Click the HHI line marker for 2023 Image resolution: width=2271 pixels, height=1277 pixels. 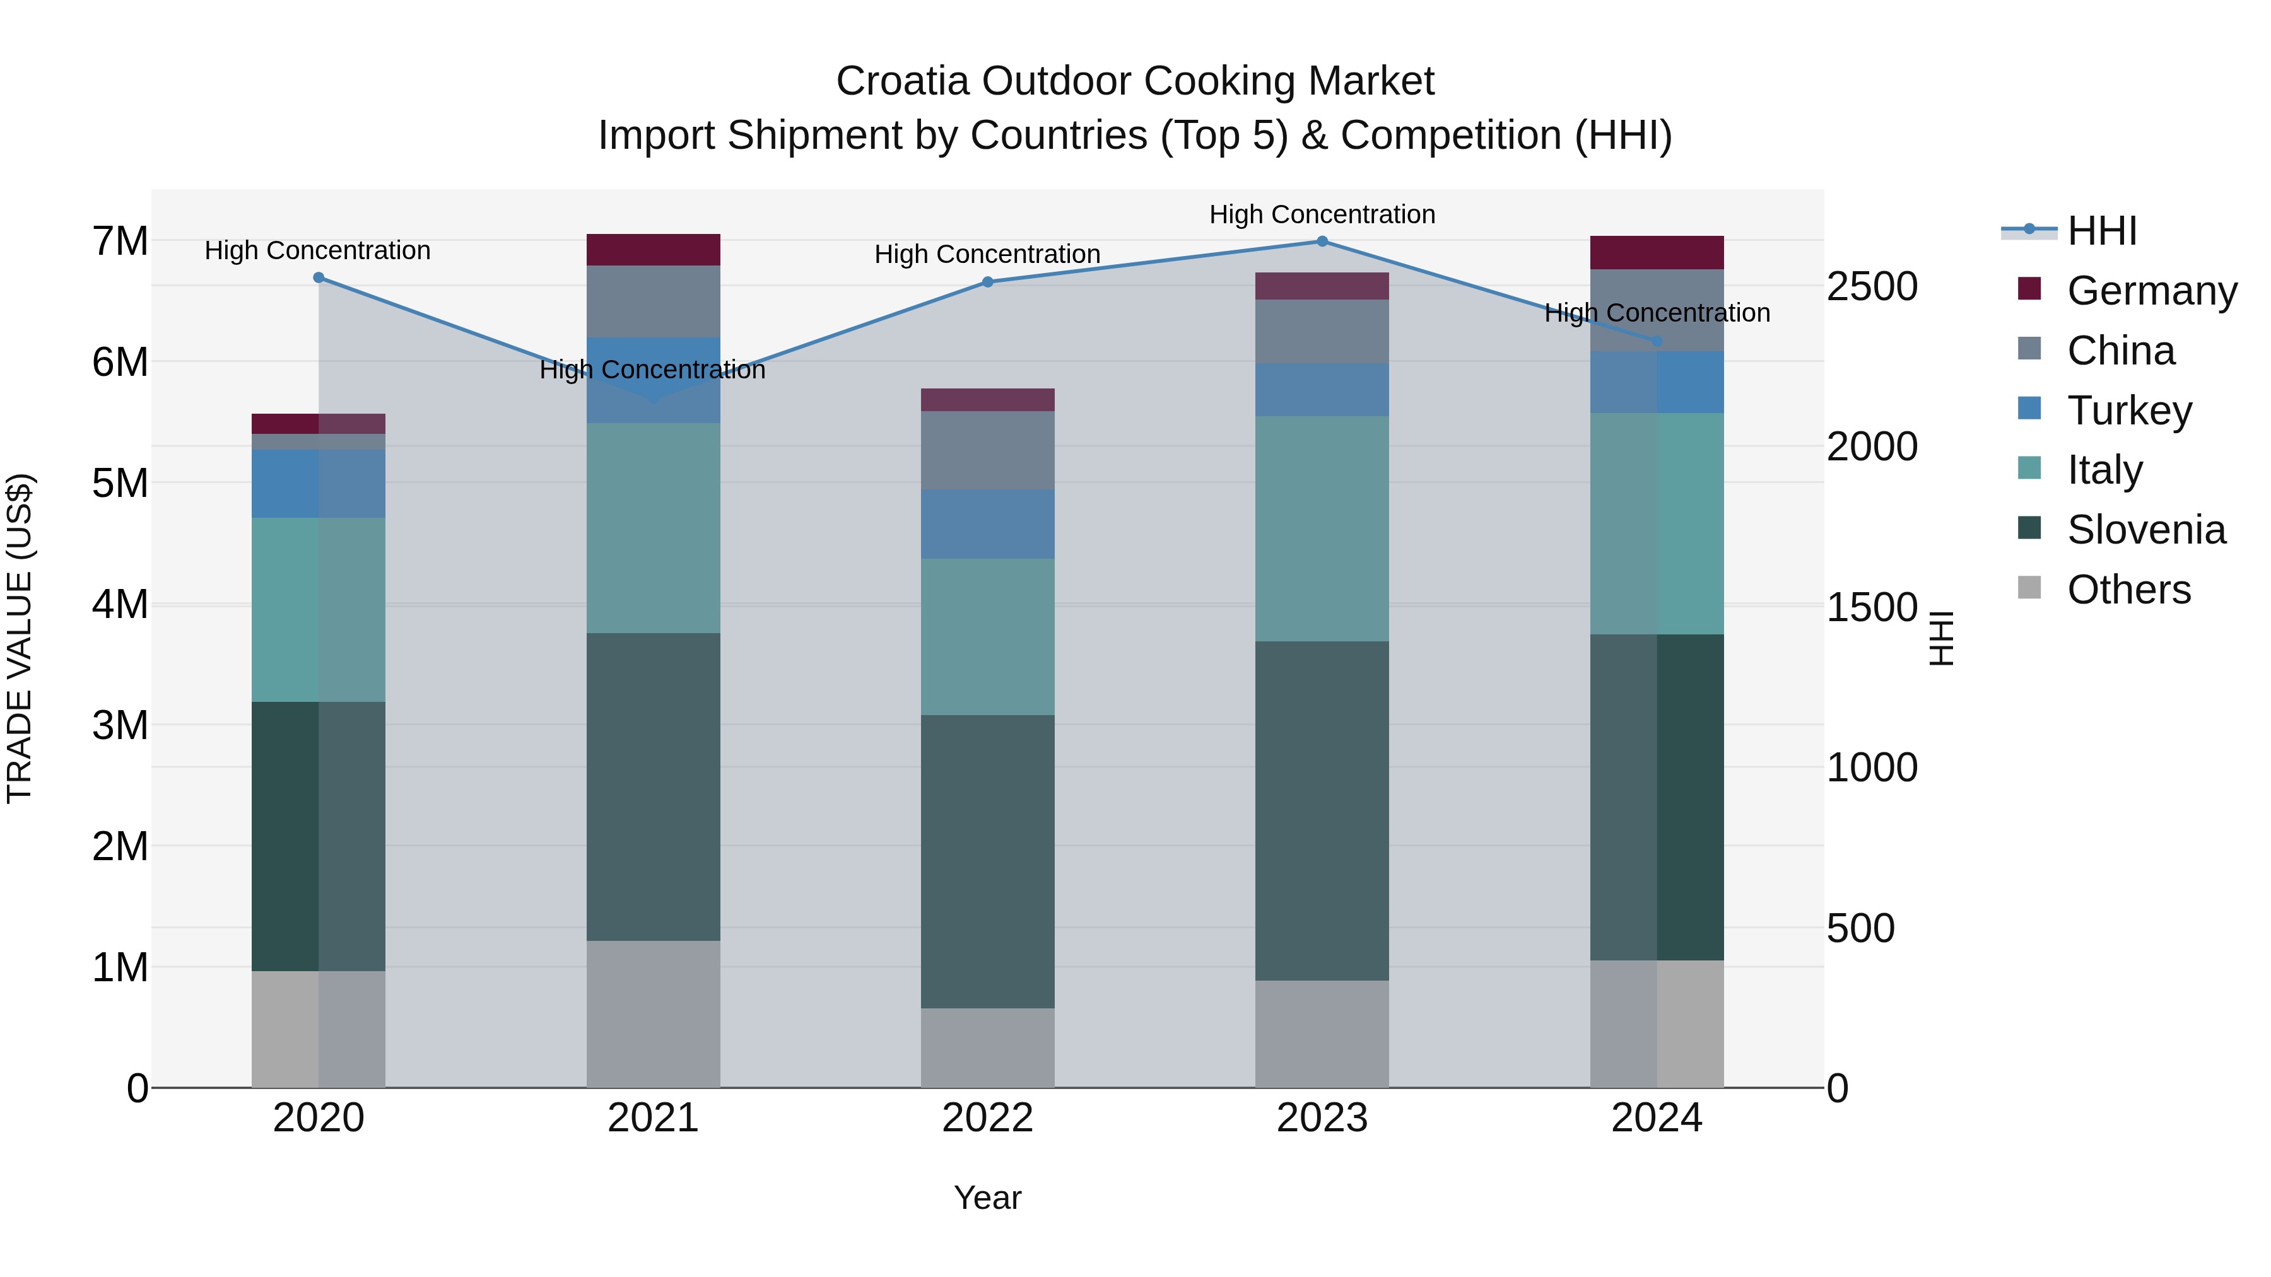(1322, 242)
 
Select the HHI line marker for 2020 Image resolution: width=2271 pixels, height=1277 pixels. (319, 277)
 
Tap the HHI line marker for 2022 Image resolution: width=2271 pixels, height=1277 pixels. (987, 282)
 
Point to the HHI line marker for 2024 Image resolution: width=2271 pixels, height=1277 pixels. (1657, 341)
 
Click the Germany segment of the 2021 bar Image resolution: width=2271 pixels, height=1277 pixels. (654, 250)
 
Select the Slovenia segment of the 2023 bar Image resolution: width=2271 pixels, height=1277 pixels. (1322, 811)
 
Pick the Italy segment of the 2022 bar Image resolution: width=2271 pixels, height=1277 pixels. (987, 636)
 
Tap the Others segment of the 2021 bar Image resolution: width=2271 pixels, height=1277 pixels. (654, 1013)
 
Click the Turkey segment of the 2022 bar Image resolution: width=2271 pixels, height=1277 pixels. (987, 525)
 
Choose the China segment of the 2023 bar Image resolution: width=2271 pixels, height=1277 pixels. (1322, 331)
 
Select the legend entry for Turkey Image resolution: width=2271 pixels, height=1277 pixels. (2128, 411)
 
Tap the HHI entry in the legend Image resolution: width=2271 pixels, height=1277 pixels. (2101, 231)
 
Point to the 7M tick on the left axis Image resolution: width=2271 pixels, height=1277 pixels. (120, 242)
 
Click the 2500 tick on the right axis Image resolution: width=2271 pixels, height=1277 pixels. (1872, 286)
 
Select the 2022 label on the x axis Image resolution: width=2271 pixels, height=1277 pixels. (987, 1118)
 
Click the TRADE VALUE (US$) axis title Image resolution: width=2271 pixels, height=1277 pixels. (20, 638)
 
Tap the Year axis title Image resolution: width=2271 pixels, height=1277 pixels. (987, 1198)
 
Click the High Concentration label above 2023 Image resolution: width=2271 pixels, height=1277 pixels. (1322, 214)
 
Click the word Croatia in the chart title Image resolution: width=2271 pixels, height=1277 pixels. (903, 81)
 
